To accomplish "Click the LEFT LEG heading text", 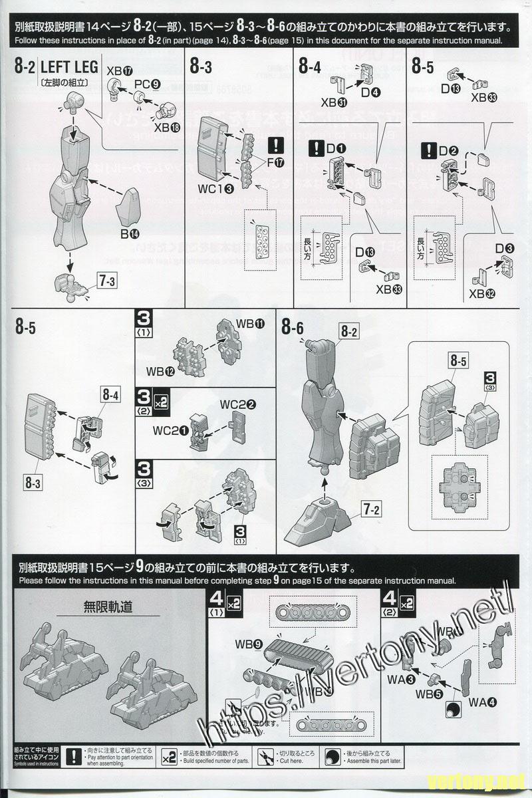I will [69, 67].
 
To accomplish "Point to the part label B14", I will [130, 233].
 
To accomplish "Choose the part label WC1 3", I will [215, 189].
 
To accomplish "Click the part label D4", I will [370, 92].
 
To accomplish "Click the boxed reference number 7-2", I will [370, 511].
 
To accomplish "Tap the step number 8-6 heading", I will [292, 327].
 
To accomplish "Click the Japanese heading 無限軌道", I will [108, 606].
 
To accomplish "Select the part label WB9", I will [248, 644].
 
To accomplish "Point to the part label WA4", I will [482, 702].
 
